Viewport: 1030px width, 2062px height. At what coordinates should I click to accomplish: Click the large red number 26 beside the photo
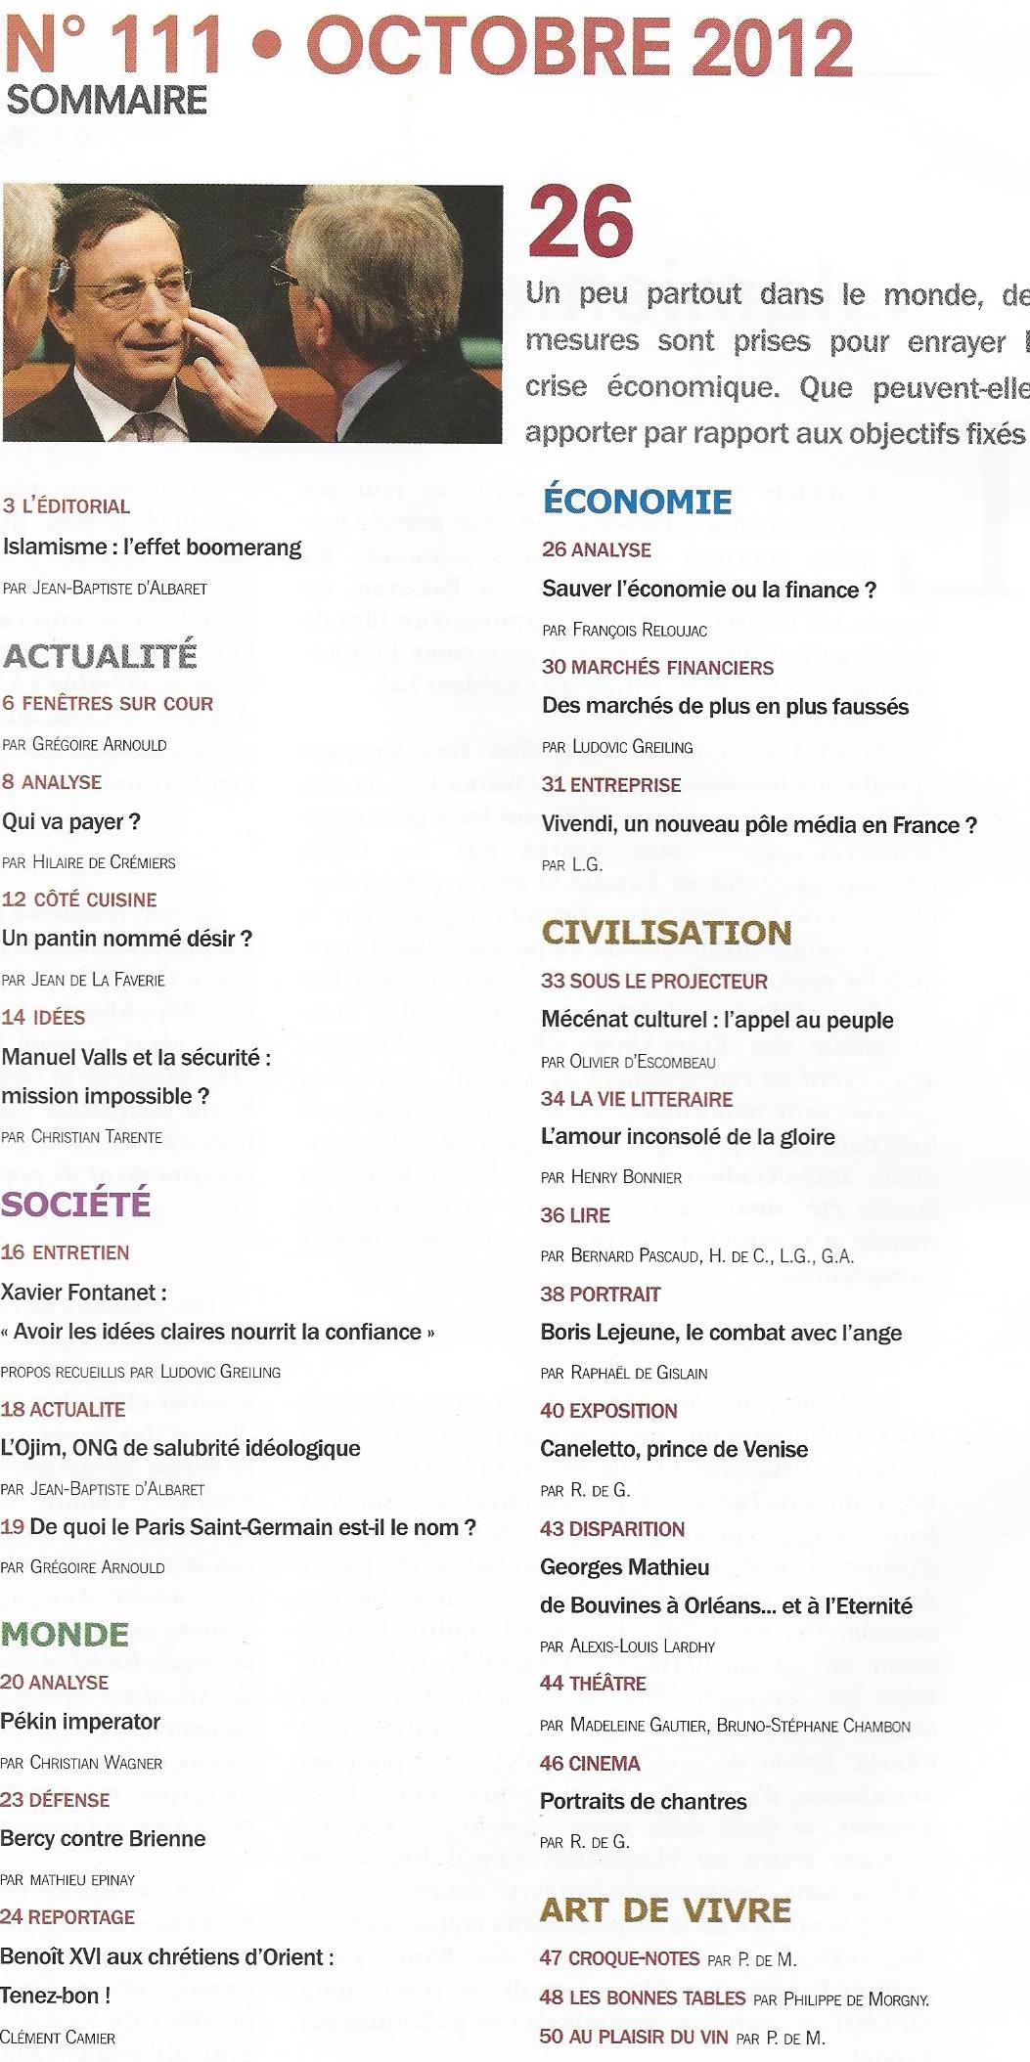(581, 224)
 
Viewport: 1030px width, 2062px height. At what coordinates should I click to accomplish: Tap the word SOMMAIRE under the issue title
(107, 100)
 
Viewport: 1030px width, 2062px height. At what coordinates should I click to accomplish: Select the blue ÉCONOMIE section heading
(637, 501)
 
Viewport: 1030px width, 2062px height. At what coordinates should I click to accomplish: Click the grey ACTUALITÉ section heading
(100, 655)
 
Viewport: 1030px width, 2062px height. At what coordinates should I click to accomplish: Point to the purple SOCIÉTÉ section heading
(76, 1204)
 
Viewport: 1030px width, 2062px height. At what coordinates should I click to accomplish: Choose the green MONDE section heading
(66, 1634)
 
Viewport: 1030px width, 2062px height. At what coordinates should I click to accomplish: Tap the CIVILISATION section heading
(666, 932)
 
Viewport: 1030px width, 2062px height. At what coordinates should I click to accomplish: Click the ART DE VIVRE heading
(665, 1909)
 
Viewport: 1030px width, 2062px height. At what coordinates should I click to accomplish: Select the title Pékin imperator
(80, 1721)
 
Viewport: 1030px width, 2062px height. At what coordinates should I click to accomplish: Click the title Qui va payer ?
(71, 821)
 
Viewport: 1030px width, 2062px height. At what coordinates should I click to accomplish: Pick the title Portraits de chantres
(643, 1801)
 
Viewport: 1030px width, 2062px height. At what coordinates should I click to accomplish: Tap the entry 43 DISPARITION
(612, 1528)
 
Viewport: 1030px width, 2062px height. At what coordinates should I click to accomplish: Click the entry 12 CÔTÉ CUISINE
(79, 899)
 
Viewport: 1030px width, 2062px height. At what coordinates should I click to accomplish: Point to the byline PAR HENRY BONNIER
(611, 1177)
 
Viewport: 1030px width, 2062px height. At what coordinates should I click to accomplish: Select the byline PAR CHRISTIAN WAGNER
(81, 1762)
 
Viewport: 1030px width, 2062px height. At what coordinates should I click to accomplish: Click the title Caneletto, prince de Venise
(674, 1449)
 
